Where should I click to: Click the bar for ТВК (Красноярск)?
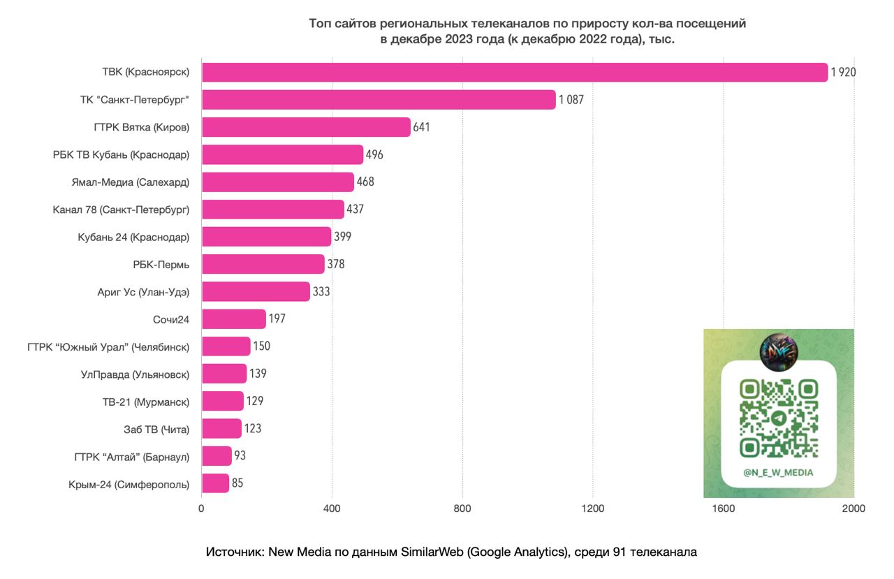pos(515,72)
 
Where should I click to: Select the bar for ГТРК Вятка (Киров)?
pos(306,127)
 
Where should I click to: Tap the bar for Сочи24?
pos(234,319)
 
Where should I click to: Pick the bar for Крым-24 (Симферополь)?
pos(215,483)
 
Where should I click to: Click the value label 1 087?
pos(571,100)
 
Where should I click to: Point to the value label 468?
pos(365,182)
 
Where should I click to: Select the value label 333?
pos(321,291)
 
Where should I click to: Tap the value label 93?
pos(240,455)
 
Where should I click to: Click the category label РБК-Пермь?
pos(161,265)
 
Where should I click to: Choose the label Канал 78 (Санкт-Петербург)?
pos(122,210)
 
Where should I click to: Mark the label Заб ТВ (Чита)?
pos(156,429)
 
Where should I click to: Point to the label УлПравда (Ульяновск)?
pos(135,374)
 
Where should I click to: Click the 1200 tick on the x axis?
pos(593,508)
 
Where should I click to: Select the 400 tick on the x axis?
pos(332,508)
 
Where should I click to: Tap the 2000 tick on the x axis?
pos(853,508)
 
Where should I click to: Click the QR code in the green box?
pos(779,418)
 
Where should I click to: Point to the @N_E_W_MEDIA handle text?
pos(779,472)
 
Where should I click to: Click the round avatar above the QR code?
pos(778,347)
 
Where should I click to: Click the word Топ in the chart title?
pos(320,24)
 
